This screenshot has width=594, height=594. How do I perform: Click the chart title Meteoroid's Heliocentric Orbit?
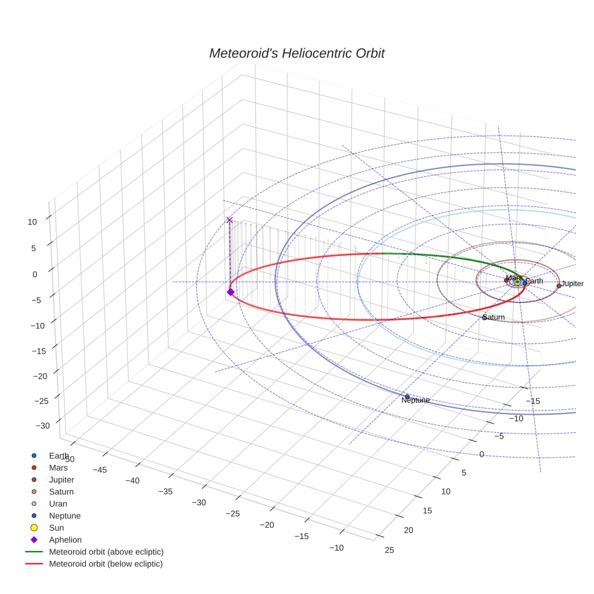[x=296, y=53]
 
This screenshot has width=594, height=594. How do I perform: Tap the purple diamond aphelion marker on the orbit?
[x=230, y=292]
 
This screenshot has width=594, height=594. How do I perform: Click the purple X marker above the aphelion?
[x=229, y=220]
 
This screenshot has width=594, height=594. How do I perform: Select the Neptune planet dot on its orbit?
[x=407, y=397]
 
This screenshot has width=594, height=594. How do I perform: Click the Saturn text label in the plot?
[x=494, y=318]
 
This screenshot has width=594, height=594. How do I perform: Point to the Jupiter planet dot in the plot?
[x=559, y=286]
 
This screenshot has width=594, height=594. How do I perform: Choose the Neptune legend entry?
[x=65, y=516]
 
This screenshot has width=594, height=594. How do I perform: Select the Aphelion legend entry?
[x=65, y=540]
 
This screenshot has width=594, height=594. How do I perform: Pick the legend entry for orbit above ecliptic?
[x=106, y=552]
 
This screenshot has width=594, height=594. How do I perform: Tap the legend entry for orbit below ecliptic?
[x=106, y=564]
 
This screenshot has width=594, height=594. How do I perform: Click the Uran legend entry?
[x=58, y=503]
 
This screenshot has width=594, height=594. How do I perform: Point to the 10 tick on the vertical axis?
[x=32, y=222]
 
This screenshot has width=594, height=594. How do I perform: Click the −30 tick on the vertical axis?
[x=43, y=426]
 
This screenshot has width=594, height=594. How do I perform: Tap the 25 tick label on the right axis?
[x=389, y=549]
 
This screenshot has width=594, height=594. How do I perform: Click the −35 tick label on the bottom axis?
[x=165, y=491]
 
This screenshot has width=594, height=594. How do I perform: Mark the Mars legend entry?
[x=58, y=467]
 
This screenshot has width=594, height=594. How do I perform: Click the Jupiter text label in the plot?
[x=572, y=284]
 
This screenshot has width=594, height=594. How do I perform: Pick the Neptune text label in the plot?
[x=415, y=400]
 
